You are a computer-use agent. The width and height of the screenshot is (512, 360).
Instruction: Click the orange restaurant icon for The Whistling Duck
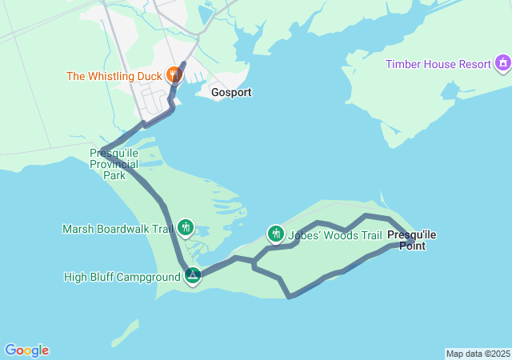coord(174,76)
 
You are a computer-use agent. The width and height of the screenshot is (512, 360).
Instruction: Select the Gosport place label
coord(231,93)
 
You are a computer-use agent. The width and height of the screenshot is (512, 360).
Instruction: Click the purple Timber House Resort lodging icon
coord(502,63)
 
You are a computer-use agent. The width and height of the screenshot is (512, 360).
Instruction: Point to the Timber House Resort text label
coord(438,64)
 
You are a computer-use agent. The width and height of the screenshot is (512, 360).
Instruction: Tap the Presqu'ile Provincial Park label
coord(114,163)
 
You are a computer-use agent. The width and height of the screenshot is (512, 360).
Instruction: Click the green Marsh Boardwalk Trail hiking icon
coord(186,228)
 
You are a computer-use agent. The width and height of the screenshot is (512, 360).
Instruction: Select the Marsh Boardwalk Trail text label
coord(118,229)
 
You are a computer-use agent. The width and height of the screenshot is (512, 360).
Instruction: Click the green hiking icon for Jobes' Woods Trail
coord(275,234)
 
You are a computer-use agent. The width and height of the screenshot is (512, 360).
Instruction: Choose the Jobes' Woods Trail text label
coord(335,235)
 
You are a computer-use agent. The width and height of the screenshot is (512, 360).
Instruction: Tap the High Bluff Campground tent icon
coord(193,276)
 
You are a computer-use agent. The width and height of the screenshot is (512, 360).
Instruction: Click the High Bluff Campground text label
coord(122,278)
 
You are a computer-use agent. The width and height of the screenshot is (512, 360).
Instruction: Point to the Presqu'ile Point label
coord(412,240)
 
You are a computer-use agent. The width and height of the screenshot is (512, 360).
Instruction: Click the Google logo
coord(26,350)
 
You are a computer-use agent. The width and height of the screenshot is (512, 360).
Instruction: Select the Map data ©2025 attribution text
coord(477,354)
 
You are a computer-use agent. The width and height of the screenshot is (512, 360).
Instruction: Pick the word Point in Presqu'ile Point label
coord(412,246)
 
